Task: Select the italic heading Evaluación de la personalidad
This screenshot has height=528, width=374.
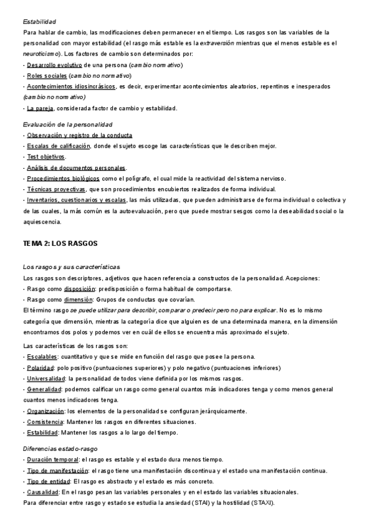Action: (x=67, y=125)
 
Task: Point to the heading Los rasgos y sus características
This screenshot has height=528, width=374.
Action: (x=70, y=266)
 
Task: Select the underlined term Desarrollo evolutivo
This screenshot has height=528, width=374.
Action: (x=54, y=65)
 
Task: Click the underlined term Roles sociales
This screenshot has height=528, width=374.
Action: (x=46, y=75)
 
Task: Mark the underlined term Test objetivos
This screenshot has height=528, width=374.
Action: (x=46, y=156)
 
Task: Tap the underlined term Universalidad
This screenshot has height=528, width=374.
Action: (x=46, y=379)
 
